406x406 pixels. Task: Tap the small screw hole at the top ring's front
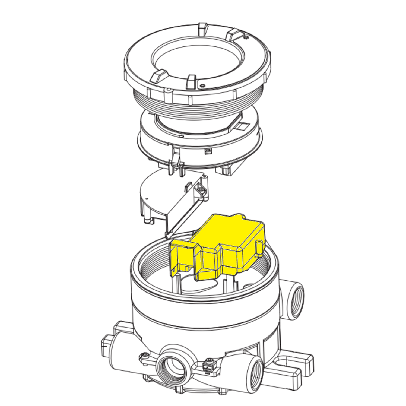click(x=202, y=86)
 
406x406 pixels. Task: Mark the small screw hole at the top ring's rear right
click(x=246, y=38)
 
